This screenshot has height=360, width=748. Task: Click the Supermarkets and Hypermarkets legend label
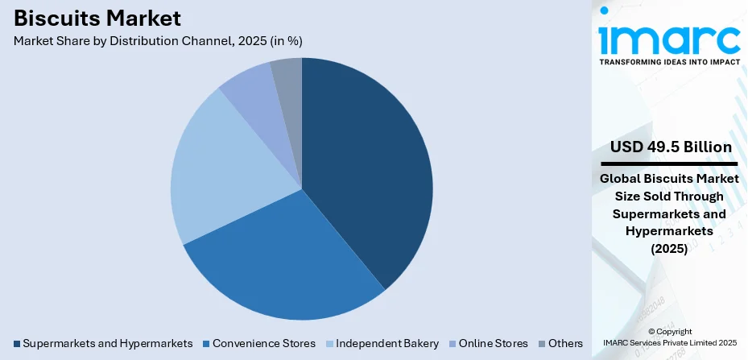pyautogui.click(x=108, y=343)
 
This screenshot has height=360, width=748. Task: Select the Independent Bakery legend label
pyautogui.click(x=388, y=343)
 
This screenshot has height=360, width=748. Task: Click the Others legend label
pyautogui.click(x=565, y=343)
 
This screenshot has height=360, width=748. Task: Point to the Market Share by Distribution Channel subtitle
pyautogui.click(x=158, y=40)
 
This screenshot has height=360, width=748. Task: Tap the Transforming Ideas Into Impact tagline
pyautogui.click(x=669, y=65)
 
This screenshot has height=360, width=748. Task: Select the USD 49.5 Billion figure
pyautogui.click(x=669, y=147)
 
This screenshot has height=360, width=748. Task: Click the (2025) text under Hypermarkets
pyautogui.click(x=669, y=249)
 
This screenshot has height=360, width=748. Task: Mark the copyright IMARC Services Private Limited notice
pyautogui.click(x=669, y=337)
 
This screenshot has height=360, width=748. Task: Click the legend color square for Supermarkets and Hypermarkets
pyautogui.click(x=17, y=344)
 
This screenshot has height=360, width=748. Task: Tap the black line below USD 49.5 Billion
pyautogui.click(x=669, y=163)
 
